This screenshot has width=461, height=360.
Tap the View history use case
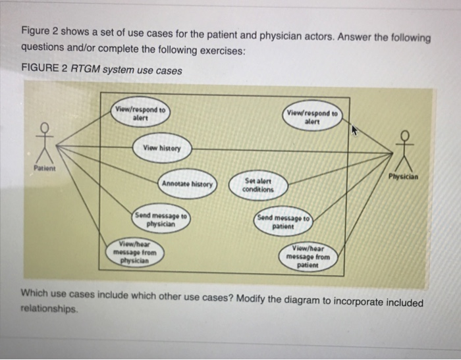tap(163, 147)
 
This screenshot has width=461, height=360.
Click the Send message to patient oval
tap(285, 220)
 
